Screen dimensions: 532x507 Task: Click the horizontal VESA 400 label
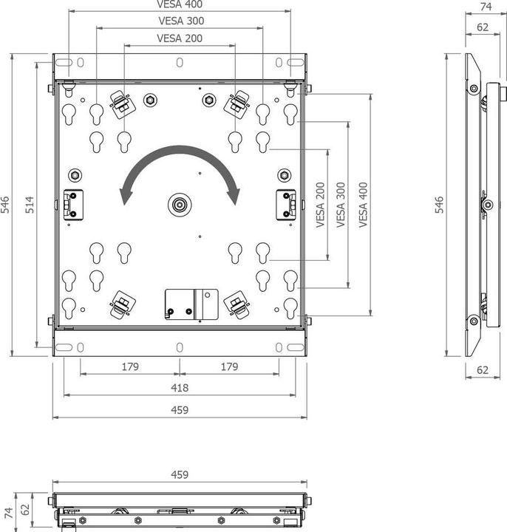pyautogui.click(x=180, y=4)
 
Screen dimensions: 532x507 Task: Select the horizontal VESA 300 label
pyautogui.click(x=180, y=21)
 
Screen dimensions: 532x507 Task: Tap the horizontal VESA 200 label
pyautogui.click(x=180, y=38)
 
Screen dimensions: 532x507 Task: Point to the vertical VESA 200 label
pyautogui.click(x=321, y=205)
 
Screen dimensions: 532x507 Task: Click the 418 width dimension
pyautogui.click(x=180, y=388)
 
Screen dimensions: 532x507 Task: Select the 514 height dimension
pyautogui.click(x=30, y=205)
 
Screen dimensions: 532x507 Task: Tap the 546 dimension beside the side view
pyautogui.click(x=439, y=205)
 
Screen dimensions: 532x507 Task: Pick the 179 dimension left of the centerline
pyautogui.click(x=129, y=366)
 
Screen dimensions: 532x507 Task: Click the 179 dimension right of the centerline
pyautogui.click(x=229, y=366)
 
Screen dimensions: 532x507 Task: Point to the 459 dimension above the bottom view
pyautogui.click(x=180, y=474)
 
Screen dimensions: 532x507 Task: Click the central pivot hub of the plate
pyautogui.click(x=179, y=205)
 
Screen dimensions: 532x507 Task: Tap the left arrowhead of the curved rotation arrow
pyautogui.click(x=125, y=196)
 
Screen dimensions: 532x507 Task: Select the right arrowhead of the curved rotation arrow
pyautogui.click(x=235, y=196)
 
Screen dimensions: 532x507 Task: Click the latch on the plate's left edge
pyautogui.click(x=72, y=205)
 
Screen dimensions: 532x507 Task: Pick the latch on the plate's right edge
pyautogui.click(x=286, y=205)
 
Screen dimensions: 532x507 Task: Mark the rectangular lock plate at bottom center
pyautogui.click(x=191, y=303)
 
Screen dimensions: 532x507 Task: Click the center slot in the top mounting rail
pyautogui.click(x=180, y=63)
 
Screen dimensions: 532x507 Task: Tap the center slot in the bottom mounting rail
pyautogui.click(x=180, y=347)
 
